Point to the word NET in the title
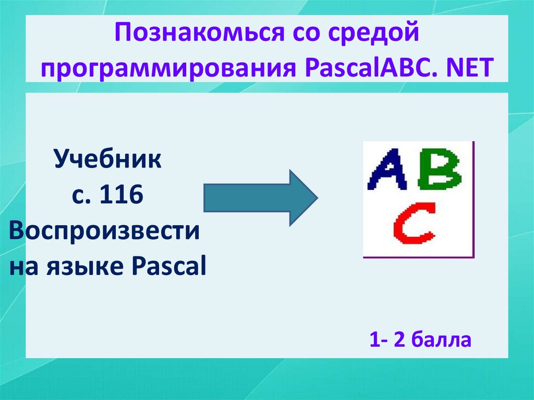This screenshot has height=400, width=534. click(469, 68)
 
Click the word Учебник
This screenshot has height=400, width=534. click(108, 159)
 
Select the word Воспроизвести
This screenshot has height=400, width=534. click(104, 231)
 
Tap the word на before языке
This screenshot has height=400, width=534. click(29, 268)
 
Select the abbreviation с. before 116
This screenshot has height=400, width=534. click(79, 196)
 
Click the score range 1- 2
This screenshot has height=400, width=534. click(387, 340)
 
